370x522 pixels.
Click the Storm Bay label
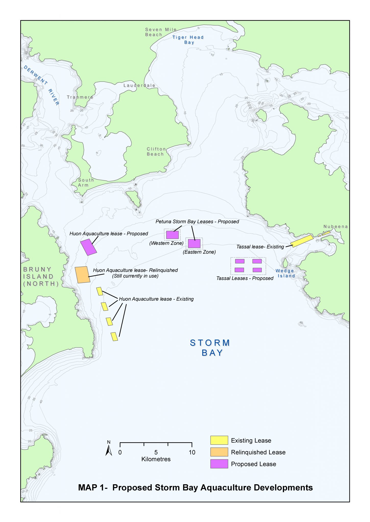[x=210, y=348]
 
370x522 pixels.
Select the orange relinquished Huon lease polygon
[x=82, y=275]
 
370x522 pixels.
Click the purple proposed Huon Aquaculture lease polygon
[x=88, y=247]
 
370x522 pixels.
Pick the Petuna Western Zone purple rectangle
[x=172, y=235]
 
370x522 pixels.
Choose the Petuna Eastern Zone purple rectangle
[x=194, y=244]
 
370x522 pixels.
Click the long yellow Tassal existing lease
[x=302, y=241]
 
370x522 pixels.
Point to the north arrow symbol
[x=109, y=450]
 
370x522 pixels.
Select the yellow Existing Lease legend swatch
[x=219, y=440]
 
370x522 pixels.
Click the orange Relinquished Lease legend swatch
[x=219, y=452]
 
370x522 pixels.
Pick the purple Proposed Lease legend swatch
[x=219, y=464]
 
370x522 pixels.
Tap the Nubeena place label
[x=336, y=227]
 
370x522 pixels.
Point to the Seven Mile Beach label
[x=160, y=32]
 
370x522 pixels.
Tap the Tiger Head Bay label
[x=188, y=40]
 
